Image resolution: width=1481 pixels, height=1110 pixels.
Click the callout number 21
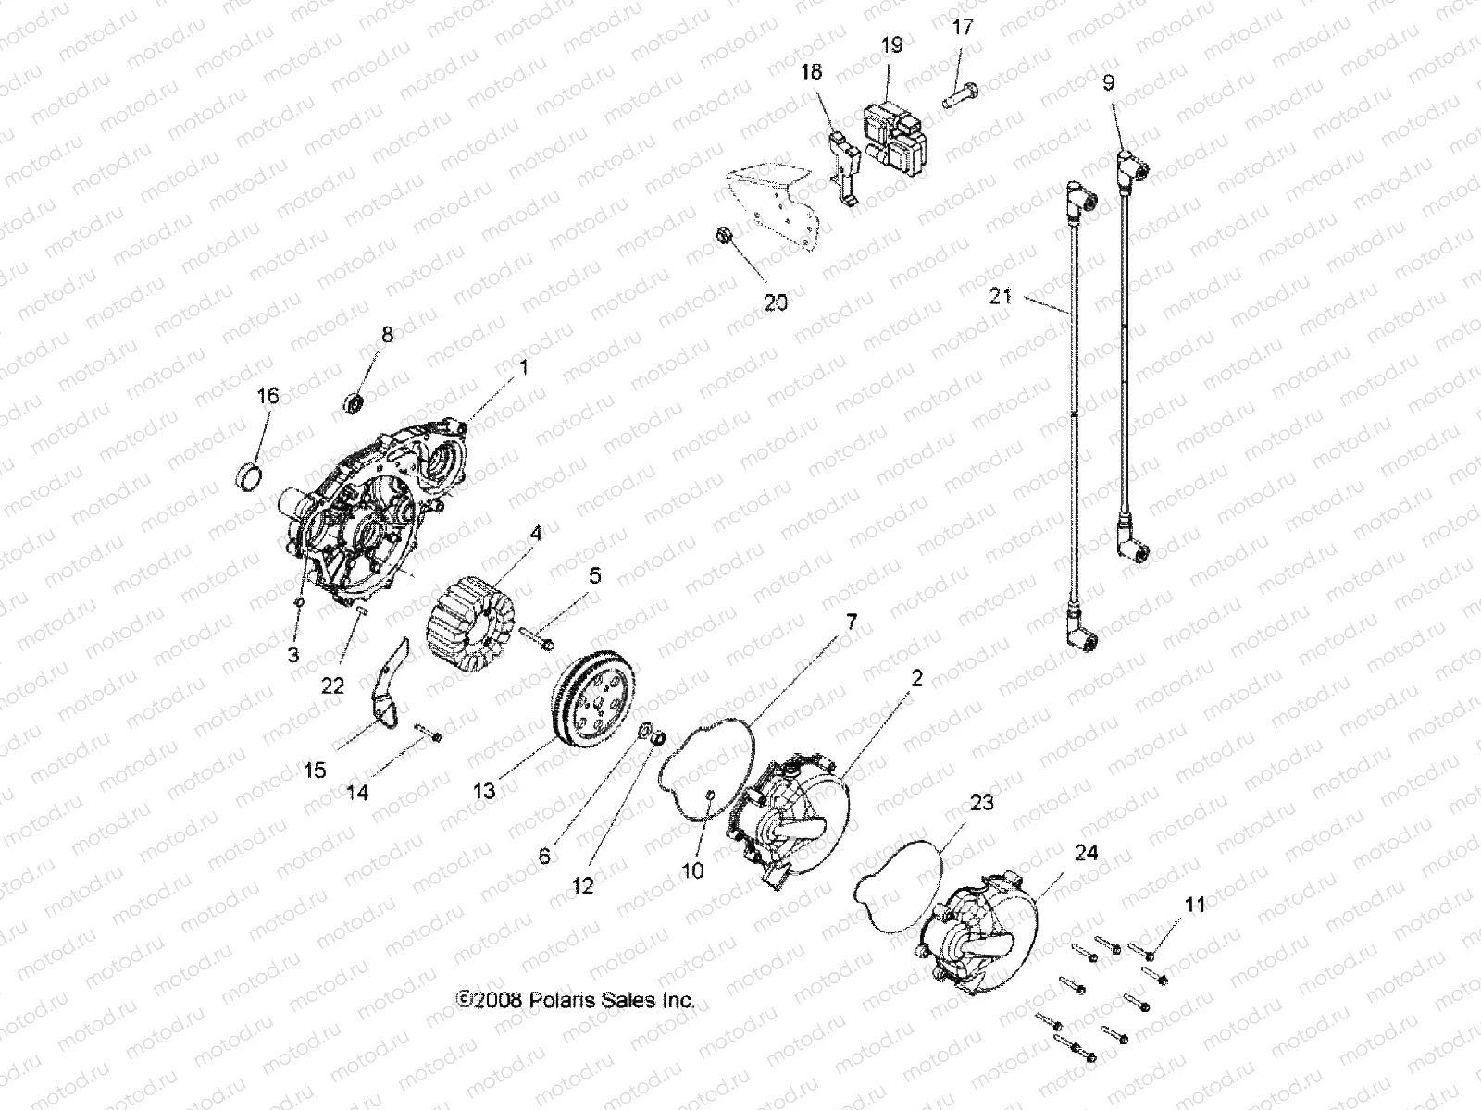1001,297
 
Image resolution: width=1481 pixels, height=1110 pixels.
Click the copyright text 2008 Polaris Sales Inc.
575,1000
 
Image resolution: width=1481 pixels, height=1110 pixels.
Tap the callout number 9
1108,82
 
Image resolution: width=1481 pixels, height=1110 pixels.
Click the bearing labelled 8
355,401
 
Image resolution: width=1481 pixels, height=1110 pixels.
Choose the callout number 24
1085,852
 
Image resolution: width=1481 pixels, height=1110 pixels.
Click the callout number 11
1196,905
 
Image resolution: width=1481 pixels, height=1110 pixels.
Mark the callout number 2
916,679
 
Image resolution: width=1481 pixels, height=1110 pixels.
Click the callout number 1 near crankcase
523,367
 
